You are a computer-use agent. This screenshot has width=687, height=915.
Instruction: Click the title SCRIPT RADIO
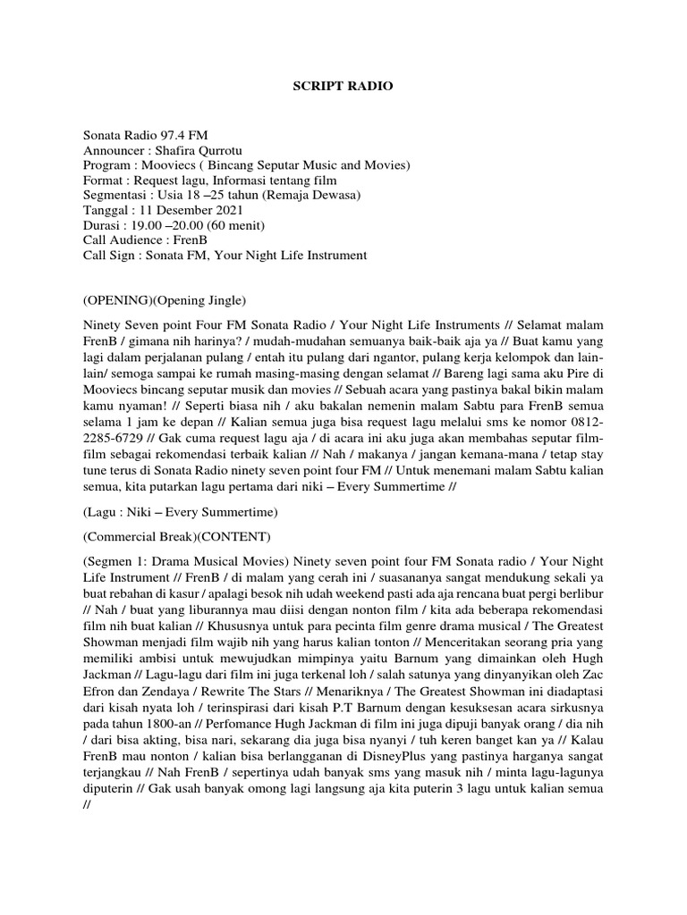point(343,87)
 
